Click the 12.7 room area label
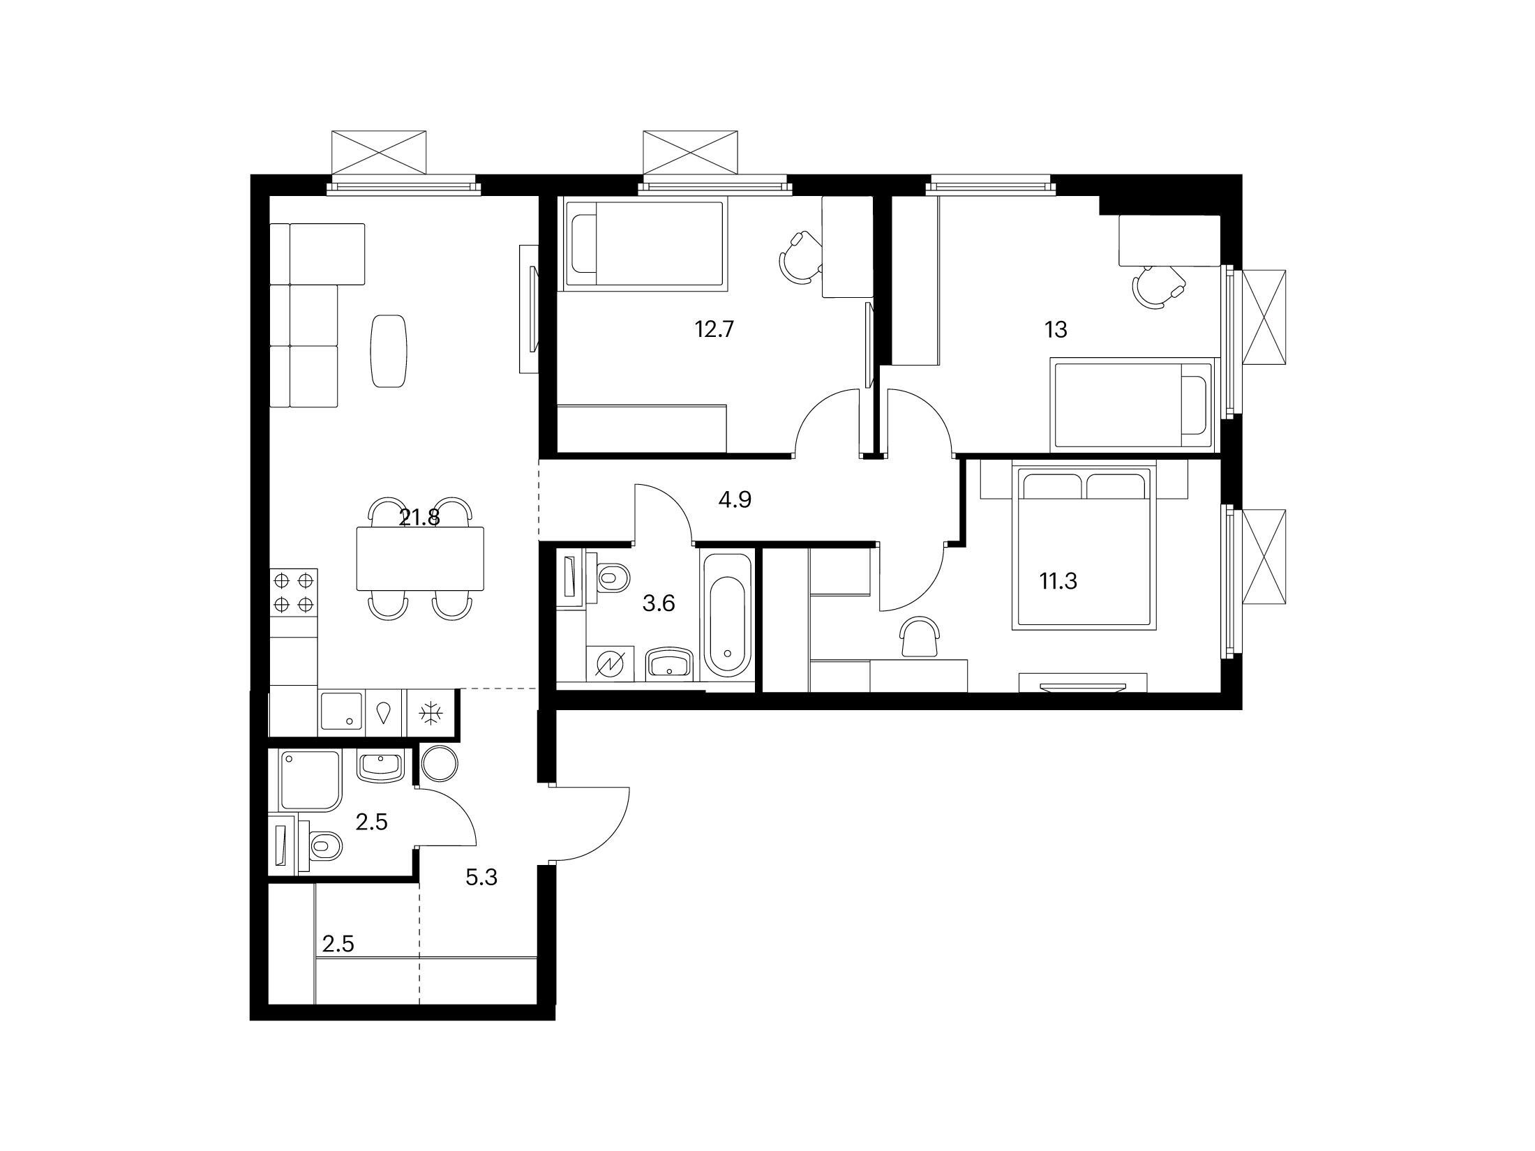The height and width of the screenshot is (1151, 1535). pyautogui.click(x=714, y=329)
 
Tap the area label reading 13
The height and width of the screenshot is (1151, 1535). pyautogui.click(x=1056, y=329)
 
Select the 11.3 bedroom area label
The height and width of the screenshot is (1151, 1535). pyautogui.click(x=1058, y=580)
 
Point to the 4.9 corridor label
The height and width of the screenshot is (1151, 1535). pyautogui.click(x=735, y=499)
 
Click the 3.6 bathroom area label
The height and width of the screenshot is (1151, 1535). pyautogui.click(x=658, y=603)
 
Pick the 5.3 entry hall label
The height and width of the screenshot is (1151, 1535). pyautogui.click(x=481, y=877)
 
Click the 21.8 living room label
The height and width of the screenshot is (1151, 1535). pyautogui.click(x=419, y=518)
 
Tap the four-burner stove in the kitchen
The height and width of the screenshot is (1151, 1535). pyautogui.click(x=294, y=592)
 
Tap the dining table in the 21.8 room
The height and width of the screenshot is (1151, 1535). pyautogui.click(x=420, y=559)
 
